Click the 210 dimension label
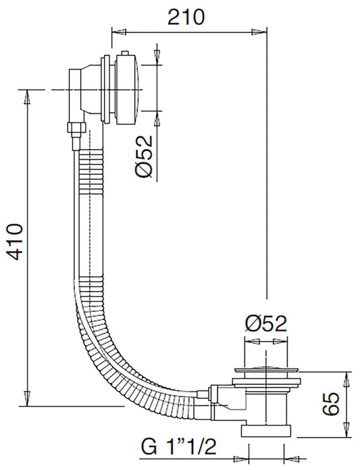point(186,17)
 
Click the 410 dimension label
point(15,241)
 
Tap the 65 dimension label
point(330,403)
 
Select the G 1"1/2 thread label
point(178,448)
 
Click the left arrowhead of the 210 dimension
point(119,32)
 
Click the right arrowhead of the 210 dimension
point(259,32)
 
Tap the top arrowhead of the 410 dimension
point(27,97)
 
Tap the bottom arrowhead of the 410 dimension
point(27,398)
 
